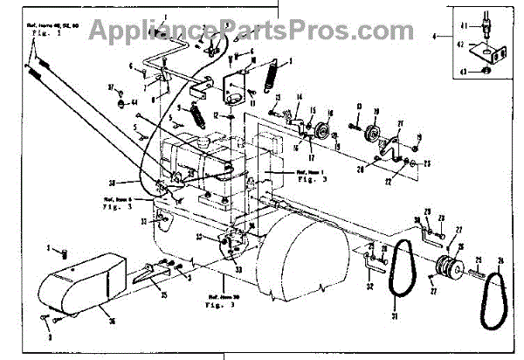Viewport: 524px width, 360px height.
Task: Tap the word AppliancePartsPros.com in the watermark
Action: [262, 30]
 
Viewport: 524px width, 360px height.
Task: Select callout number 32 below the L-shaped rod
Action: [370, 287]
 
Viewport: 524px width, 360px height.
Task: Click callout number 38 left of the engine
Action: [137, 183]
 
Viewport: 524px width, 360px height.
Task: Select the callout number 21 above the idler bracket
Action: [400, 124]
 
